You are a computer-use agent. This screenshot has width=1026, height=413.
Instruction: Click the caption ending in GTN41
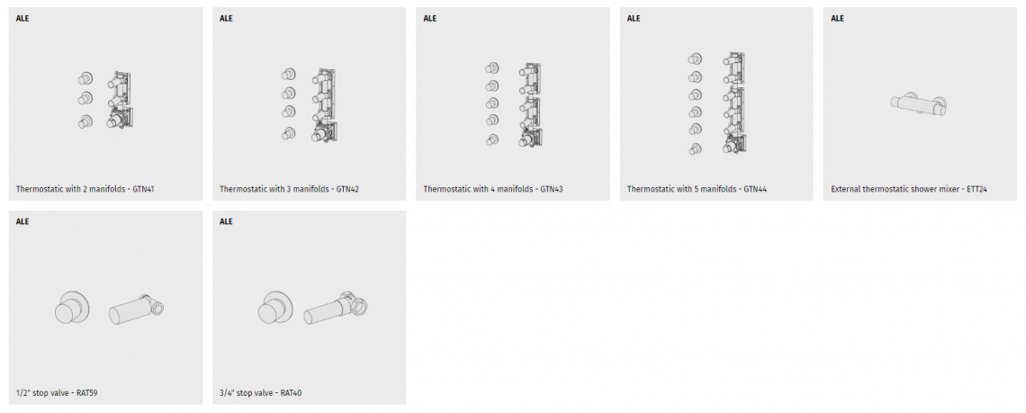coord(85,189)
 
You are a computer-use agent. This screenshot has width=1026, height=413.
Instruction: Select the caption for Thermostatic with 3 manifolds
coord(289,189)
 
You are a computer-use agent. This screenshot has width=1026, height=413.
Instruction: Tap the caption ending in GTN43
coord(493,189)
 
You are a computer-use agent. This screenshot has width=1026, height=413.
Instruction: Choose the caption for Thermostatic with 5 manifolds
coord(697,189)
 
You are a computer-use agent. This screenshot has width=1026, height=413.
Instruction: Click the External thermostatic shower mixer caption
coord(909,189)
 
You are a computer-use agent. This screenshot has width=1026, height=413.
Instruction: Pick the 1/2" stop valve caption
coord(57,392)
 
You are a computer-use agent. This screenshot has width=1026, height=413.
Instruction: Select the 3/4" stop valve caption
coord(260,392)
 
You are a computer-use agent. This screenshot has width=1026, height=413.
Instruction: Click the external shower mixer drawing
coord(919,104)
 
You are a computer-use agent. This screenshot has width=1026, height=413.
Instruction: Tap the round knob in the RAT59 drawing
coord(72,306)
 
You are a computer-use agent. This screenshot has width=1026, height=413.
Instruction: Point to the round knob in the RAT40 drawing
coord(275,306)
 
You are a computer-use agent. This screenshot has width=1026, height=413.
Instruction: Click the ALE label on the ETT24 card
coord(838,18)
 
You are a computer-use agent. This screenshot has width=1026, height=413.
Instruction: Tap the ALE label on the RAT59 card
coord(22,221)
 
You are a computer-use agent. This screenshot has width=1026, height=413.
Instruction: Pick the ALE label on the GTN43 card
coord(430,18)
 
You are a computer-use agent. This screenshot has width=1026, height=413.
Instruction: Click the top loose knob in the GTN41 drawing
coord(85,78)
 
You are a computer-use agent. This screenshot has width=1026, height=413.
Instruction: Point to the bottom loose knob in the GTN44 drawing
coord(695,149)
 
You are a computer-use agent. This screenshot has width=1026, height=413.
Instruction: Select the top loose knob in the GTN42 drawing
coord(289,75)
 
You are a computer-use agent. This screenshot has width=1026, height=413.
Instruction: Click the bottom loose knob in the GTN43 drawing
coord(492,139)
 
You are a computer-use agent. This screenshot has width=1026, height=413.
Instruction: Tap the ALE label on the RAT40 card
coord(227,221)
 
